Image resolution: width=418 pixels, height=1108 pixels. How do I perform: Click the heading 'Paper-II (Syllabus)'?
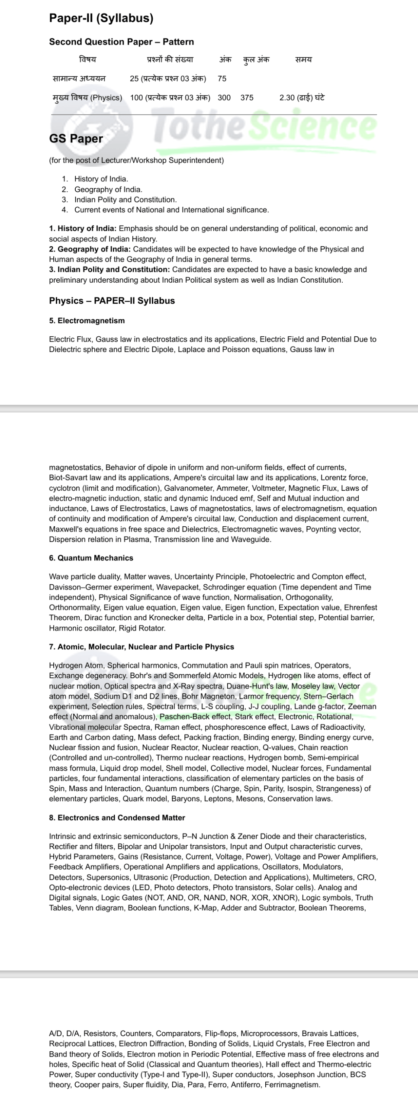click(101, 18)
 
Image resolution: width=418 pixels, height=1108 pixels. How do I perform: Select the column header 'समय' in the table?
click(303, 60)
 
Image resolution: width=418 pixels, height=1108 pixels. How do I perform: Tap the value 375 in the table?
click(247, 98)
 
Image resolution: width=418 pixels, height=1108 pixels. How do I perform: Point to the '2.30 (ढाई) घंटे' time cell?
click(302, 98)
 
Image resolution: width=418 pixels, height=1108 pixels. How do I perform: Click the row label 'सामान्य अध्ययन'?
click(79, 79)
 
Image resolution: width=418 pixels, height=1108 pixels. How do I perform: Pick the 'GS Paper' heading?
click(76, 139)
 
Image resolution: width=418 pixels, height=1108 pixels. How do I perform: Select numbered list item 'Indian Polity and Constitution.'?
click(125, 200)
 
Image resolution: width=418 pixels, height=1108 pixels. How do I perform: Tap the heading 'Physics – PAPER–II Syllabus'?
click(112, 301)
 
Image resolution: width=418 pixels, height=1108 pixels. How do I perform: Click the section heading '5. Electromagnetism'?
click(87, 321)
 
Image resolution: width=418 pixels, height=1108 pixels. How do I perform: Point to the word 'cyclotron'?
click(64, 488)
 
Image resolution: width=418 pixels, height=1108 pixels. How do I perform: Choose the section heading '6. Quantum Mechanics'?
click(91, 558)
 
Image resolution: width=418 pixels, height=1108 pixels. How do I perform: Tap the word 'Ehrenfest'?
click(360, 608)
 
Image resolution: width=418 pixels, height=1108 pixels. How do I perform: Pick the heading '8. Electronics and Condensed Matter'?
click(117, 818)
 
